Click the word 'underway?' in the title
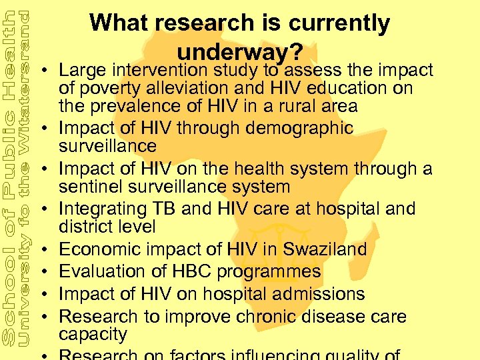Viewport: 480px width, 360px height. (241, 51)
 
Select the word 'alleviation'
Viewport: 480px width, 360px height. (186, 88)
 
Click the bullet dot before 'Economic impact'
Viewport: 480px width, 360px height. (49, 251)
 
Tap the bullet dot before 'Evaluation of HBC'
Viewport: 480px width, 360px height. (49, 273)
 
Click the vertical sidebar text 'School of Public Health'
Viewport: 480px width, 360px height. (9, 180)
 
